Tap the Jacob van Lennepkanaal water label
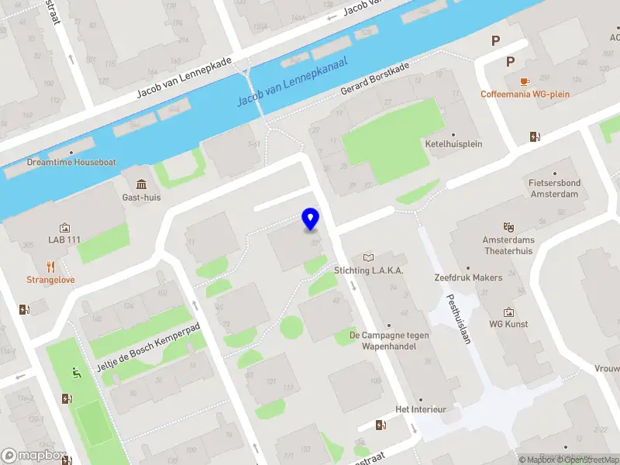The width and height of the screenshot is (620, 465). (291, 82)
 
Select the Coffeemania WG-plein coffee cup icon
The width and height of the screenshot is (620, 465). (525, 81)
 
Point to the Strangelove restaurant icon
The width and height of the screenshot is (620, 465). (51, 267)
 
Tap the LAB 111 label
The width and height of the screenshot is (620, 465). (64, 240)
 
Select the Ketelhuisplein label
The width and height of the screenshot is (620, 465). (453, 144)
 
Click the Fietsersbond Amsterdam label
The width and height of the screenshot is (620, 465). (554, 189)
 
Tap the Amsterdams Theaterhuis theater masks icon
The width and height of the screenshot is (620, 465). (508, 226)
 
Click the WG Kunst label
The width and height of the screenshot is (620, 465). (508, 324)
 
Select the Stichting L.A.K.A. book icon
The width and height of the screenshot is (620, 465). (368, 257)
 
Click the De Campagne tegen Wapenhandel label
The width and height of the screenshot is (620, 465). (383, 341)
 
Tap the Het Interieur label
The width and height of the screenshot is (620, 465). (422, 408)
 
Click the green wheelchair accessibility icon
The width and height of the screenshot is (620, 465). (76, 372)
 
